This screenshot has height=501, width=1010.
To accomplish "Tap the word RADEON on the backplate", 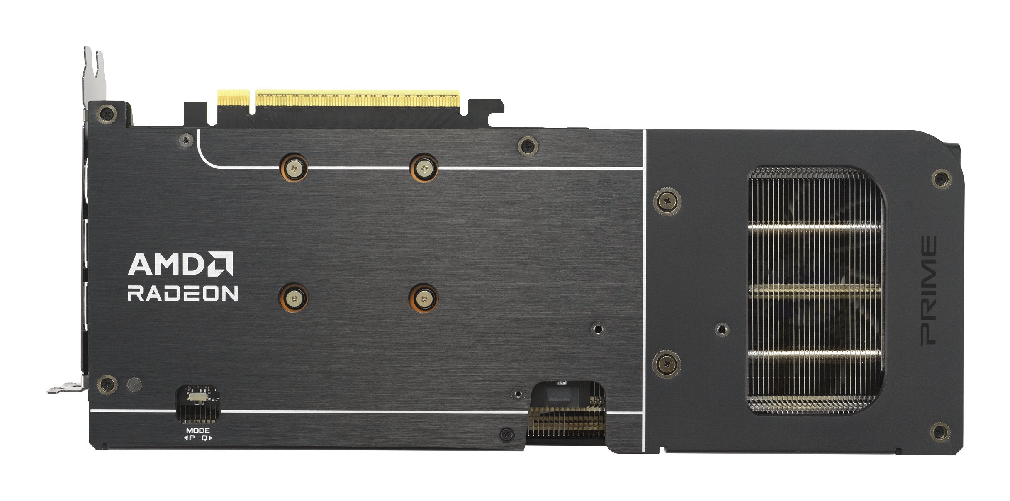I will pyautogui.click(x=183, y=293).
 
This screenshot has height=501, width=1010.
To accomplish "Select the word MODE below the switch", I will pyautogui.click(x=198, y=431).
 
